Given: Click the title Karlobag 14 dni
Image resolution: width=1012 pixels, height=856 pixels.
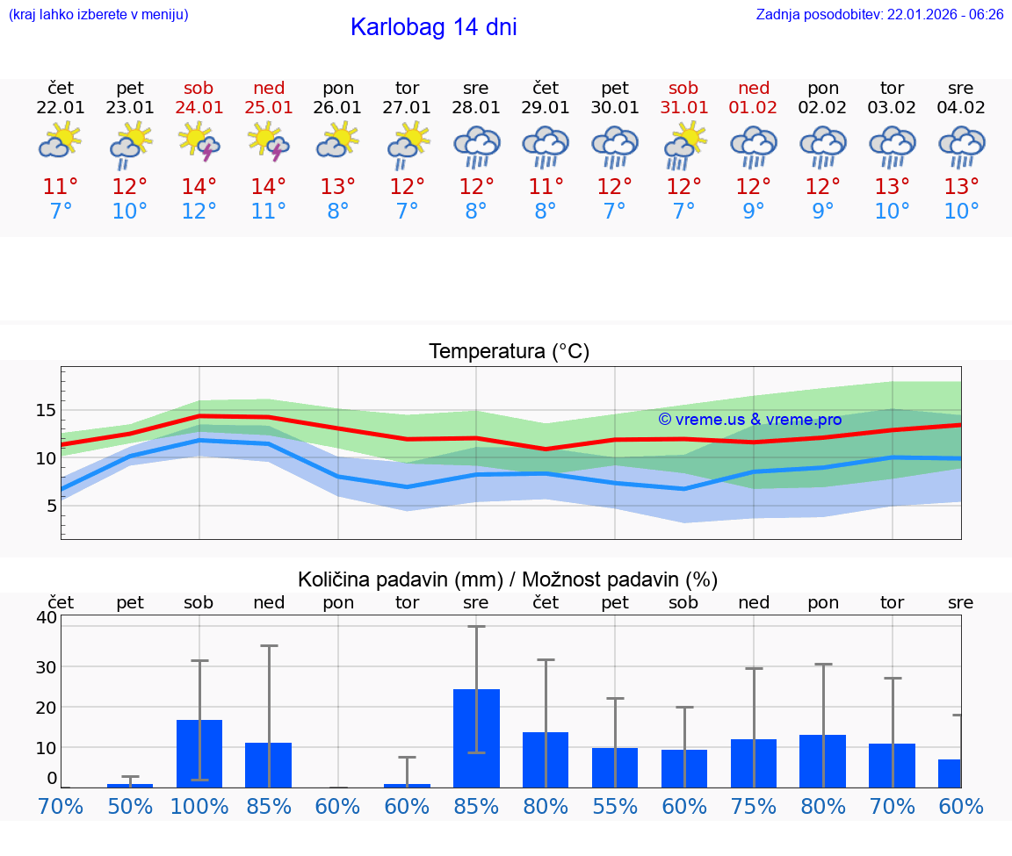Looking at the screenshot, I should (433, 27).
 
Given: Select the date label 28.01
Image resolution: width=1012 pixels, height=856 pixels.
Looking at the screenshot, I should (476, 108).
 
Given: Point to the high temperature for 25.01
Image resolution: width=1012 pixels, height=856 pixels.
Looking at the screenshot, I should (269, 187).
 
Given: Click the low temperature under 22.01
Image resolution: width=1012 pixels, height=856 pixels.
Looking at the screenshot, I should (61, 212).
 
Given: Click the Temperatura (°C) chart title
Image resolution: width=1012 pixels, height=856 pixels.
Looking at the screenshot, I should (509, 352).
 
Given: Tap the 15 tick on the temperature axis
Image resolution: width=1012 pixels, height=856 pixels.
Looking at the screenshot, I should (47, 410).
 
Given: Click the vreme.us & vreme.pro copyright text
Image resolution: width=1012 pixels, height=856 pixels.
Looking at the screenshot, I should (749, 420).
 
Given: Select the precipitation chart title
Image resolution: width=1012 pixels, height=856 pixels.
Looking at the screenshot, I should (508, 579).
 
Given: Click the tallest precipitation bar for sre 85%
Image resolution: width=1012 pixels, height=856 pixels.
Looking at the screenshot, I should (476, 738).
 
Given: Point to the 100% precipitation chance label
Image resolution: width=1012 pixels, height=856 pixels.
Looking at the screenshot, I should (199, 806).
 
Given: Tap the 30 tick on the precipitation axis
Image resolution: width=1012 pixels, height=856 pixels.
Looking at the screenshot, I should (47, 666).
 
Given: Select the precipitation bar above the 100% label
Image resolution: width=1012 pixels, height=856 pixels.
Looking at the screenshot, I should (199, 753).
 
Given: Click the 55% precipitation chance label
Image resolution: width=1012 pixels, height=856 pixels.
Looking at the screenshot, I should (615, 806).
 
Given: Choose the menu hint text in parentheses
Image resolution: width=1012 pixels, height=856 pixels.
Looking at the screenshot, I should (98, 15).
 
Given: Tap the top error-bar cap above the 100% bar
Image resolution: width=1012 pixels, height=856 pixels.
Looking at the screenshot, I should (199, 660).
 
